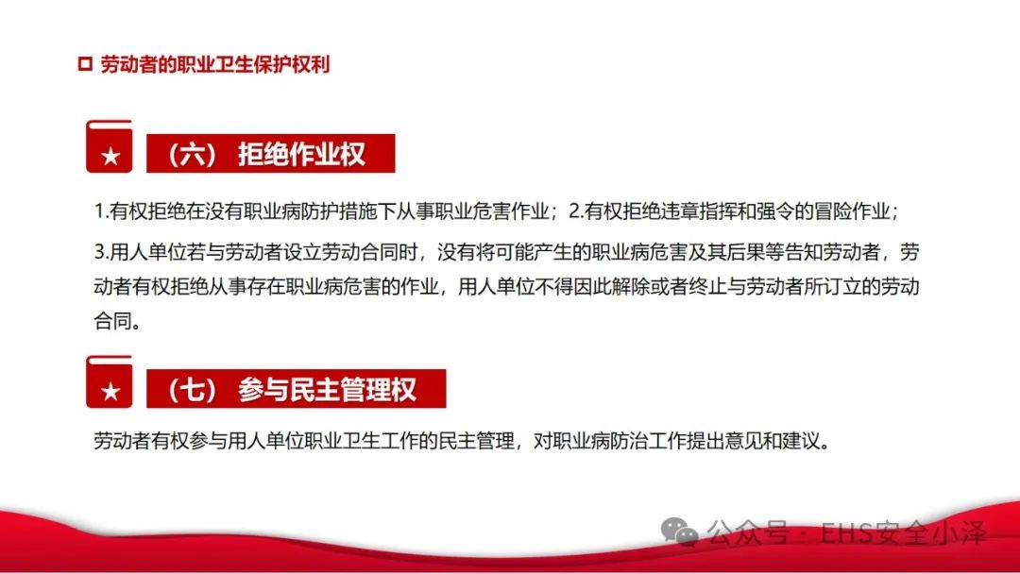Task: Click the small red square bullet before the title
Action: coord(85,63)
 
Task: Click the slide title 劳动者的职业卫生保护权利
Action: coord(215,64)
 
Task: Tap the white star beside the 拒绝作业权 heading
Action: coord(110,156)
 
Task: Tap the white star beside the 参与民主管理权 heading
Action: coord(110,392)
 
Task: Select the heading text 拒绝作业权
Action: coord(301,154)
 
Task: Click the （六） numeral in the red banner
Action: coord(192,154)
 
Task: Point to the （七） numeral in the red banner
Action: coord(192,389)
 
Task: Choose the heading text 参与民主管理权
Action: coord(327,389)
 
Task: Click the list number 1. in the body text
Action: coord(101,211)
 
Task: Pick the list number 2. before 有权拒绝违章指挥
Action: coord(576,211)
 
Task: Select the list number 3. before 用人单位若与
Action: coord(101,252)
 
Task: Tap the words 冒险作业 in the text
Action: coord(851,211)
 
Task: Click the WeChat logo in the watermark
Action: coord(679,532)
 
